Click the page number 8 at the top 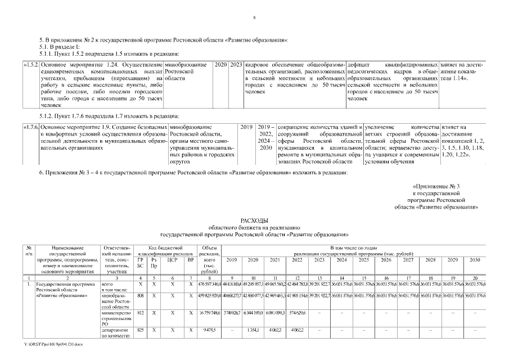254,18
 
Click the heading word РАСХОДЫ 254,220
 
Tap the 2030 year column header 475,260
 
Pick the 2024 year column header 341,260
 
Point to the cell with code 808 140,295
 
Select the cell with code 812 140,313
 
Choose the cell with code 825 140,330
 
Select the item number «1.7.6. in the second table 31,128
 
